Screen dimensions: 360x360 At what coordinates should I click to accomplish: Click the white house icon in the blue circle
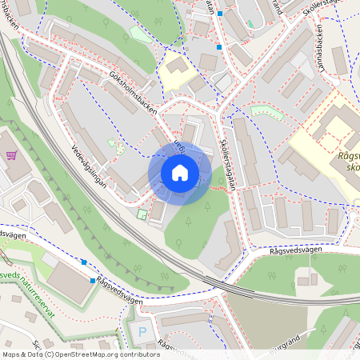click(x=180, y=173)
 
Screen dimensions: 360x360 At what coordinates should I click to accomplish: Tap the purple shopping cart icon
click(x=11, y=155)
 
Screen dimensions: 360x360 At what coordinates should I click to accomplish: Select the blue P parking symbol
click(x=143, y=331)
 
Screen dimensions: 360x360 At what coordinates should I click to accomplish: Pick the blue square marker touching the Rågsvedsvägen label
click(x=93, y=281)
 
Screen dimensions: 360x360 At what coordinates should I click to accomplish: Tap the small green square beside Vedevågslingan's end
click(x=142, y=214)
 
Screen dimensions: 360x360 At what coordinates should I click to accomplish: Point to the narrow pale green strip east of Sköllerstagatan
click(x=267, y=113)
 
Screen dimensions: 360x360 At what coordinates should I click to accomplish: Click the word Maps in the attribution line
click(x=12, y=354)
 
